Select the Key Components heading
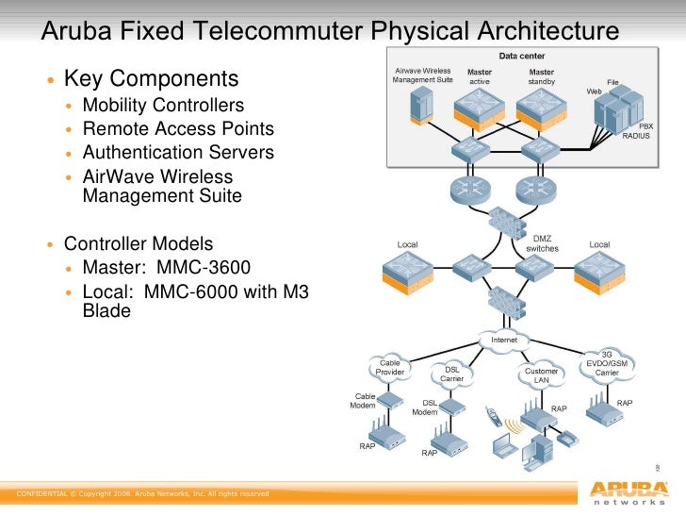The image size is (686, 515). point(151,77)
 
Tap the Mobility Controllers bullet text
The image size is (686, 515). point(163,106)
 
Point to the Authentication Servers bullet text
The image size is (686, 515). point(178,152)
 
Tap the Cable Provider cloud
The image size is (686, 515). point(389,367)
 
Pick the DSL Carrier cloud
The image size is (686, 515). point(451,374)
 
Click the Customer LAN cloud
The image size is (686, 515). point(541,375)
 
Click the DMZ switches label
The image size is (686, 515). point(542,243)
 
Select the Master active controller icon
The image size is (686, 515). point(480,109)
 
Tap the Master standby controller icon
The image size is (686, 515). point(541,109)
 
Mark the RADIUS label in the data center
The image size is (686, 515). point(636,136)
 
